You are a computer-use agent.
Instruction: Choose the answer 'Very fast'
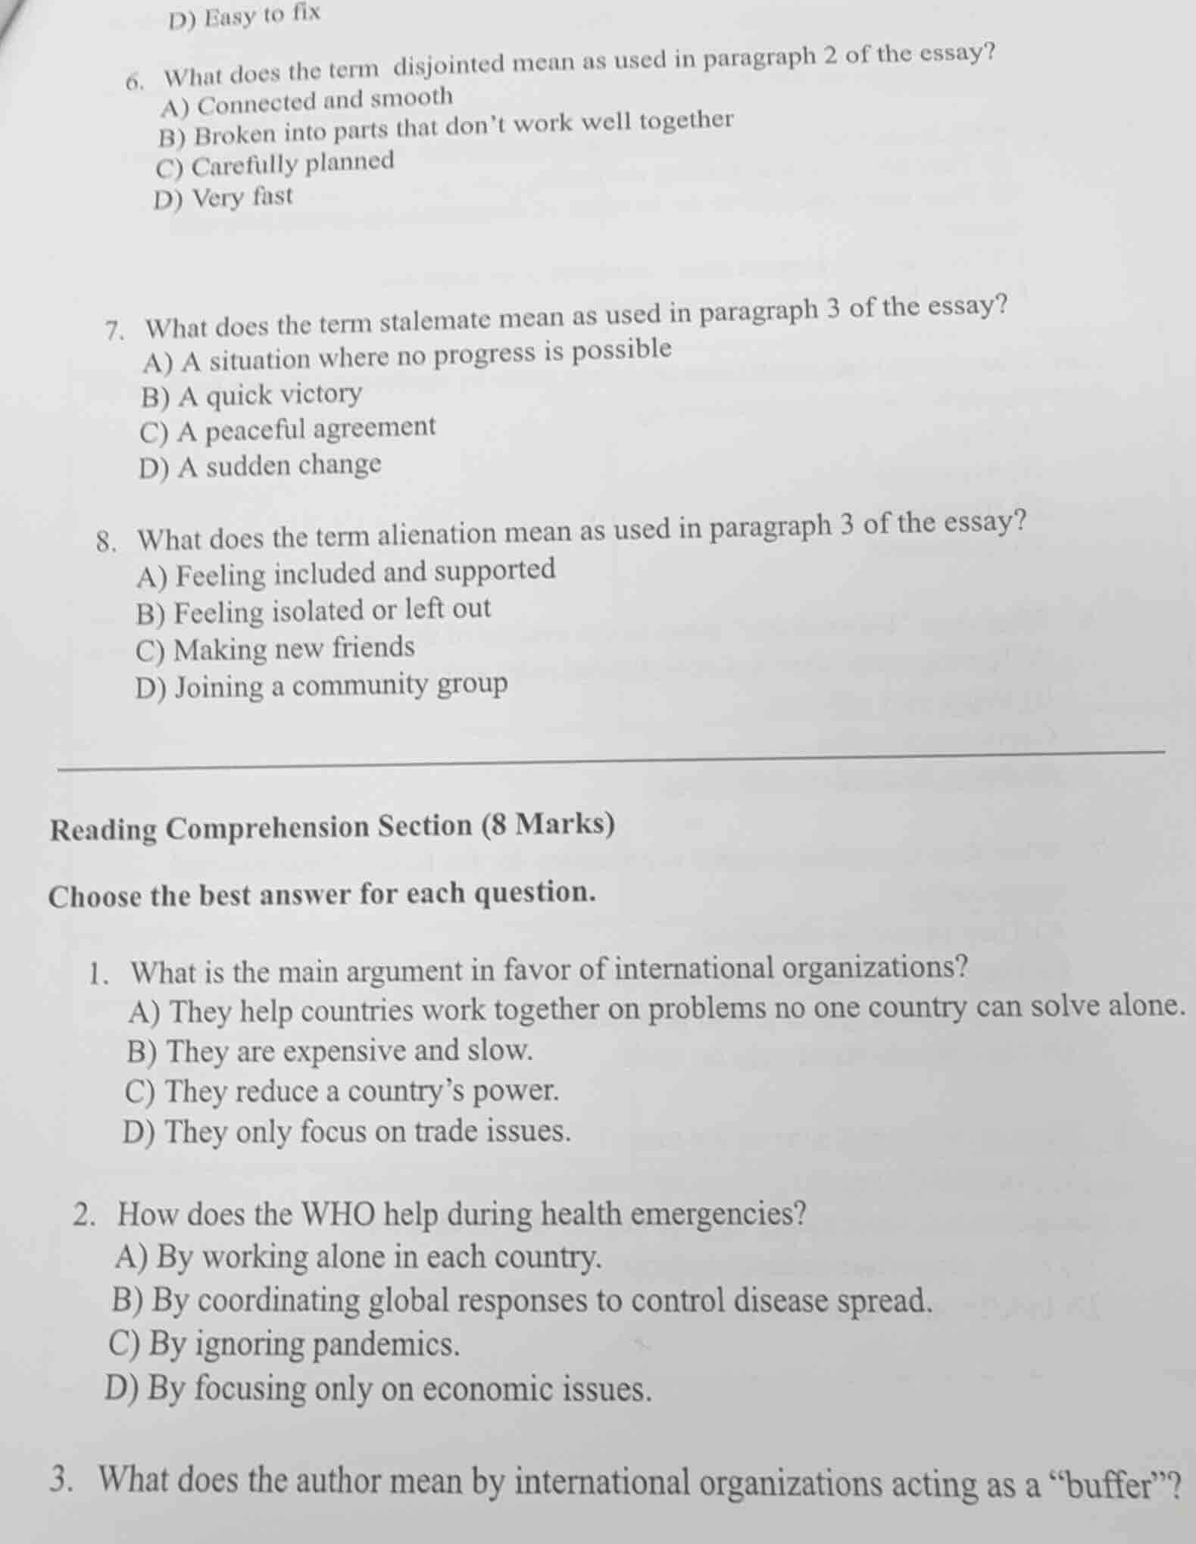(223, 199)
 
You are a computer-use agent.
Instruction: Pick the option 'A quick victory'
(251, 395)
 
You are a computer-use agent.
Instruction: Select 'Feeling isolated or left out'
(314, 610)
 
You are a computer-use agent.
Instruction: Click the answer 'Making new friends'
(276, 650)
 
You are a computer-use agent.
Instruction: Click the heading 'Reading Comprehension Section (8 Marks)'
(333, 827)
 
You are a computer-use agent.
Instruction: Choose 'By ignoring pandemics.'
(285, 1346)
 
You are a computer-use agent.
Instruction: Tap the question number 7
(114, 332)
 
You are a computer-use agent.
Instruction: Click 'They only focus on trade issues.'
(346, 1133)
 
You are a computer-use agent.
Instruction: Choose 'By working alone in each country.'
(359, 1258)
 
